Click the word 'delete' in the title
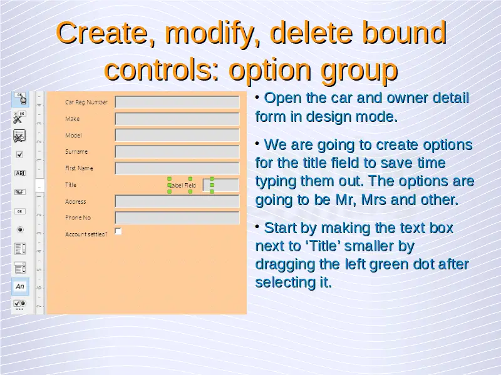click(311, 33)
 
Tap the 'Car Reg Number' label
click(86, 102)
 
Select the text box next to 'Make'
click(177, 119)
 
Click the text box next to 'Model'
click(177, 135)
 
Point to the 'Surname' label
click(76, 151)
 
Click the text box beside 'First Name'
click(177, 168)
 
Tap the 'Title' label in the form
click(71, 184)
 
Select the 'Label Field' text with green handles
click(182, 185)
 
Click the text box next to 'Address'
click(177, 201)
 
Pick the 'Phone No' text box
click(177, 217)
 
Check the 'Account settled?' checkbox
click(118, 231)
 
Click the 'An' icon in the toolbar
click(20, 286)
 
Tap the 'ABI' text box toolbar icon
click(20, 173)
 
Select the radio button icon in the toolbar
click(20, 229)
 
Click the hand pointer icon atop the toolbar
click(20, 99)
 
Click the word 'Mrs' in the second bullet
click(373, 200)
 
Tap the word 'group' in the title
click(359, 71)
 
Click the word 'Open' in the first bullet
click(283, 98)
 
